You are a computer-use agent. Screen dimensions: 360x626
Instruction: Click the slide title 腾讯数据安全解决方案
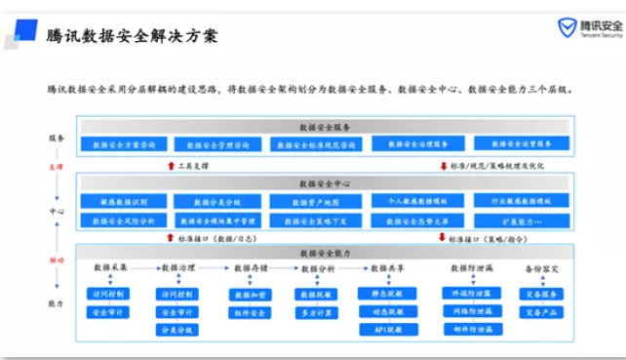(132, 36)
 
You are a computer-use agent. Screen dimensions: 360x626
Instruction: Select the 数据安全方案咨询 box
(124, 144)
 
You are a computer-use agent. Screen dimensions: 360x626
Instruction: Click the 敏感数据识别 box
(124, 202)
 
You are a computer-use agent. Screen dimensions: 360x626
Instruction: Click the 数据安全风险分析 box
(124, 221)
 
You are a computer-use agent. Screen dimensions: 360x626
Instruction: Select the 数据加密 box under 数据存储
(251, 295)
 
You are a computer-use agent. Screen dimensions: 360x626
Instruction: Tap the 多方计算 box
(318, 313)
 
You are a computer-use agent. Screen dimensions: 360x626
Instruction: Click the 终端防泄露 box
(473, 293)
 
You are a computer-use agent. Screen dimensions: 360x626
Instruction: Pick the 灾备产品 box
(541, 312)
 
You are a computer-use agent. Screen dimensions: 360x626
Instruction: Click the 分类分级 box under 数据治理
(176, 330)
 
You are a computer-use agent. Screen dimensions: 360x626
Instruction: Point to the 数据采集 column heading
(110, 267)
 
